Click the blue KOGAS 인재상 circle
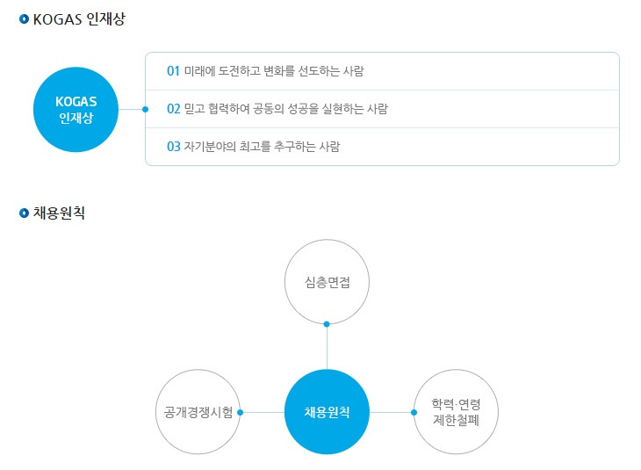coord(75,110)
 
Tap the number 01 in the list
coord(173,70)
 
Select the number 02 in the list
coord(173,109)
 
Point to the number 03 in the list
coord(173,147)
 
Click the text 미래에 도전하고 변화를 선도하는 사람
coord(274,70)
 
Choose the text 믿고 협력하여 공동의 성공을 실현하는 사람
coord(285,109)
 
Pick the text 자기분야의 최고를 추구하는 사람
coord(262,147)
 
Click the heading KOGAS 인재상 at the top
coord(79,19)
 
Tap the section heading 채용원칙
coord(59,213)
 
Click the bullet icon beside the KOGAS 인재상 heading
coord(24,19)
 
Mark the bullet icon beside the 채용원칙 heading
coord(24,213)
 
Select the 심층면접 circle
coord(327,282)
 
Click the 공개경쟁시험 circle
coord(198,412)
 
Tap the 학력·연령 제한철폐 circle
coord(456,412)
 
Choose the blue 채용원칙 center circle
coord(327,412)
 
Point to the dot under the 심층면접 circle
coord(327,324)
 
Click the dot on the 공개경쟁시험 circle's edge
coord(241,412)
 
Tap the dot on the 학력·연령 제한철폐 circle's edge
coord(414,412)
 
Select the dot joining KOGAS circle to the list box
coord(145,110)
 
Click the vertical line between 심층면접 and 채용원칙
coord(327,347)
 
